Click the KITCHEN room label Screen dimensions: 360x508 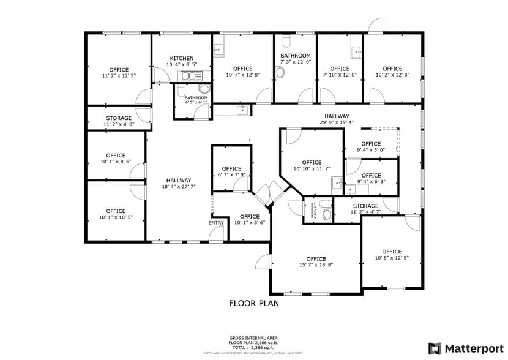[x=181, y=58]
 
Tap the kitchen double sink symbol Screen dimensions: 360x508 [x=190, y=76]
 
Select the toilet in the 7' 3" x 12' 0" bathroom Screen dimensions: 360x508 [x=280, y=73]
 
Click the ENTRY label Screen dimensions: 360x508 [x=216, y=223]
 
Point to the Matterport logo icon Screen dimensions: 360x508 [x=435, y=348]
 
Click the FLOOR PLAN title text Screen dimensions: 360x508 [x=252, y=302]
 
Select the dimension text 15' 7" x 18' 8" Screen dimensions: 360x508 [x=316, y=265]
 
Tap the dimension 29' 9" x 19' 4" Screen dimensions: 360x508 [x=337, y=122]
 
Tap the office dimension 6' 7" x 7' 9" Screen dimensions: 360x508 [x=231, y=175]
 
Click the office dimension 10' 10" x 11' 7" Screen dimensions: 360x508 [x=312, y=169]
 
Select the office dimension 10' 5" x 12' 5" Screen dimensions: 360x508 [x=392, y=258]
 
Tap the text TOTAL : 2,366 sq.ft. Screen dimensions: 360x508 [x=253, y=347]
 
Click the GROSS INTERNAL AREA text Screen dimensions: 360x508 [x=253, y=338]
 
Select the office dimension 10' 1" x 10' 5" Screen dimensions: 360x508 [x=116, y=217]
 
